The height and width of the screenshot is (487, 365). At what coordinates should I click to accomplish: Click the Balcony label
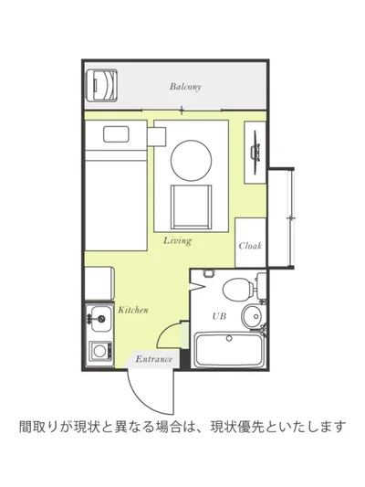tap(184, 88)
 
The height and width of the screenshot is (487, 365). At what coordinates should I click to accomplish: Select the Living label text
tap(177, 241)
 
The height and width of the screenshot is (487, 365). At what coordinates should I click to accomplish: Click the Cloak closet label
tap(250, 246)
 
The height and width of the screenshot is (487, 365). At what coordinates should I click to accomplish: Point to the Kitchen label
tap(133, 311)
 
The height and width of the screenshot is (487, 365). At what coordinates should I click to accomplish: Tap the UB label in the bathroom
tap(219, 315)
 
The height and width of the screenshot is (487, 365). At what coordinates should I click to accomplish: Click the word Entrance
tap(153, 359)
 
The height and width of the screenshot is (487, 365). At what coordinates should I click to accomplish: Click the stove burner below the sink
tap(97, 351)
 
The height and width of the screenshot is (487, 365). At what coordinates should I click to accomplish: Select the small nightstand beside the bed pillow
tap(156, 135)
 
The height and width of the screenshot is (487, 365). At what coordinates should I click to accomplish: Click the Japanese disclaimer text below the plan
tap(183, 427)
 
